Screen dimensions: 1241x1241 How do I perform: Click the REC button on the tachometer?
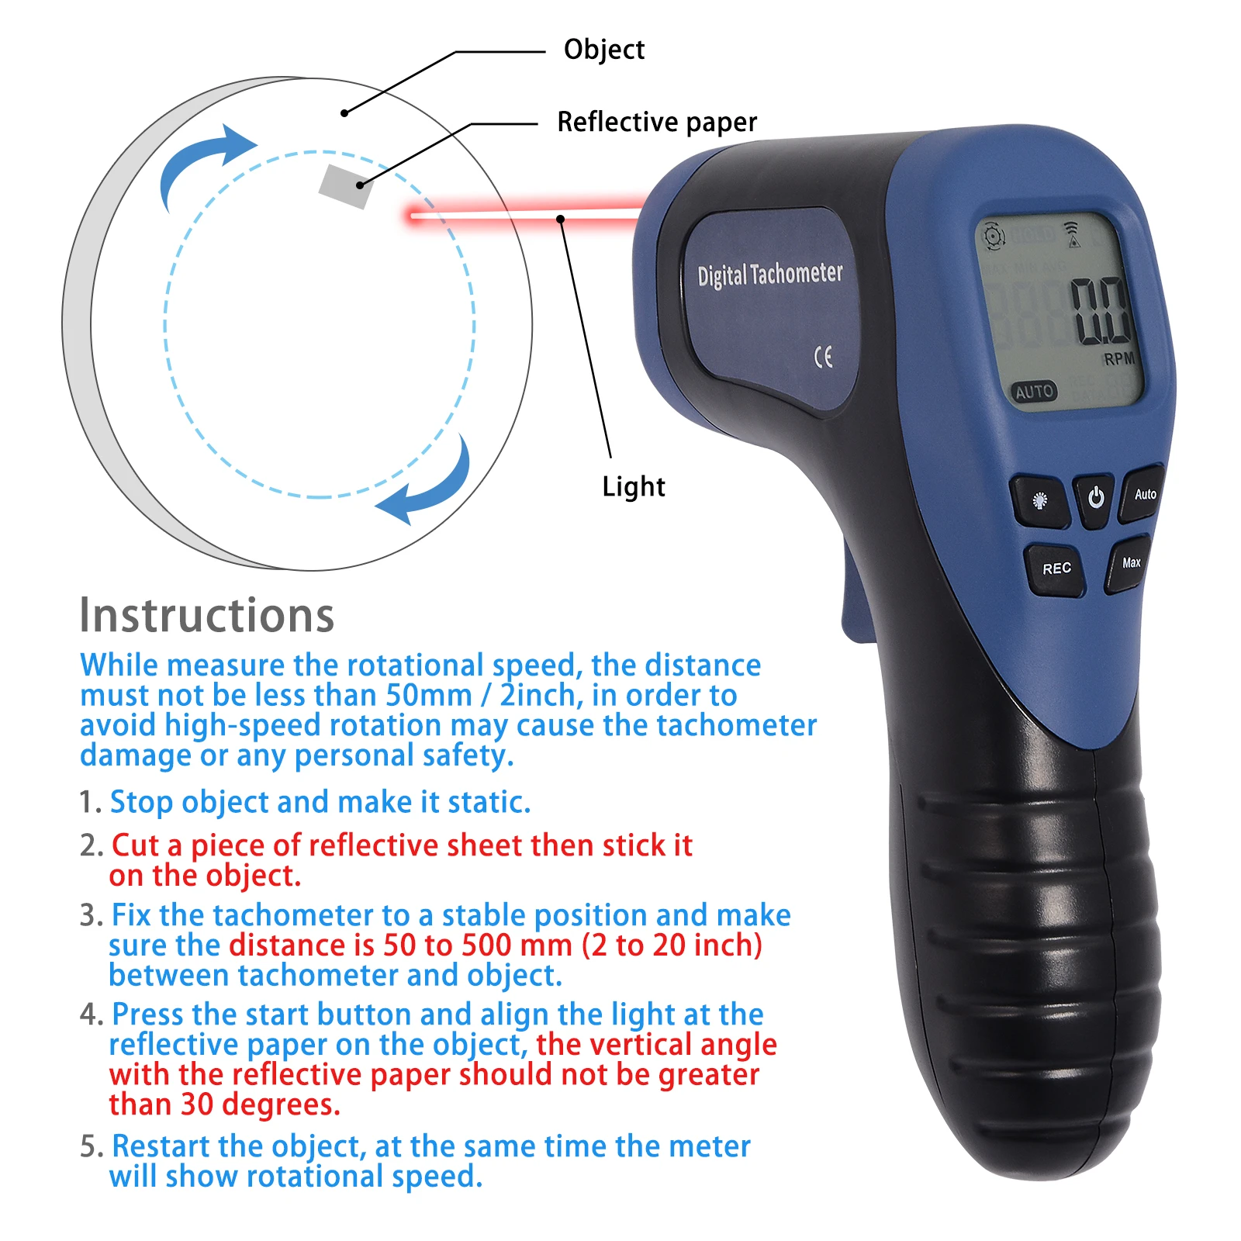1056,569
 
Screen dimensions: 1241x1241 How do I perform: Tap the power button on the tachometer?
1095,498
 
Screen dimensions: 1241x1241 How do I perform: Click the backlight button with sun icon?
1040,501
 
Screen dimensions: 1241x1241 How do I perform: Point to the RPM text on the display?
1118,359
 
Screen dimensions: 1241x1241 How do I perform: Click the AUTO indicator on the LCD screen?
1034,392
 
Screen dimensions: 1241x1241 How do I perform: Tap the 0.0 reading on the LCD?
1101,312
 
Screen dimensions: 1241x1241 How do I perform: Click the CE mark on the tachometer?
823,357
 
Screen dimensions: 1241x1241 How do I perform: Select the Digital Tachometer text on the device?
769,275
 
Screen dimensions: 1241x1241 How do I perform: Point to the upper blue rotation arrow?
203,162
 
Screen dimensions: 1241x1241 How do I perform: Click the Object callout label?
603,50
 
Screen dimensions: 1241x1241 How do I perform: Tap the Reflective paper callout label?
656,123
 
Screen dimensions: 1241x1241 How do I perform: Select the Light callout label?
634,487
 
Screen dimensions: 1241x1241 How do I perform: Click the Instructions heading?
207,616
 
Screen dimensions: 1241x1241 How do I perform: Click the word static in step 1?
489,803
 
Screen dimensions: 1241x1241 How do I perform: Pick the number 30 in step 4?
197,1104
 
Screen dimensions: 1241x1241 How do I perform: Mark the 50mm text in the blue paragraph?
429,696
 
